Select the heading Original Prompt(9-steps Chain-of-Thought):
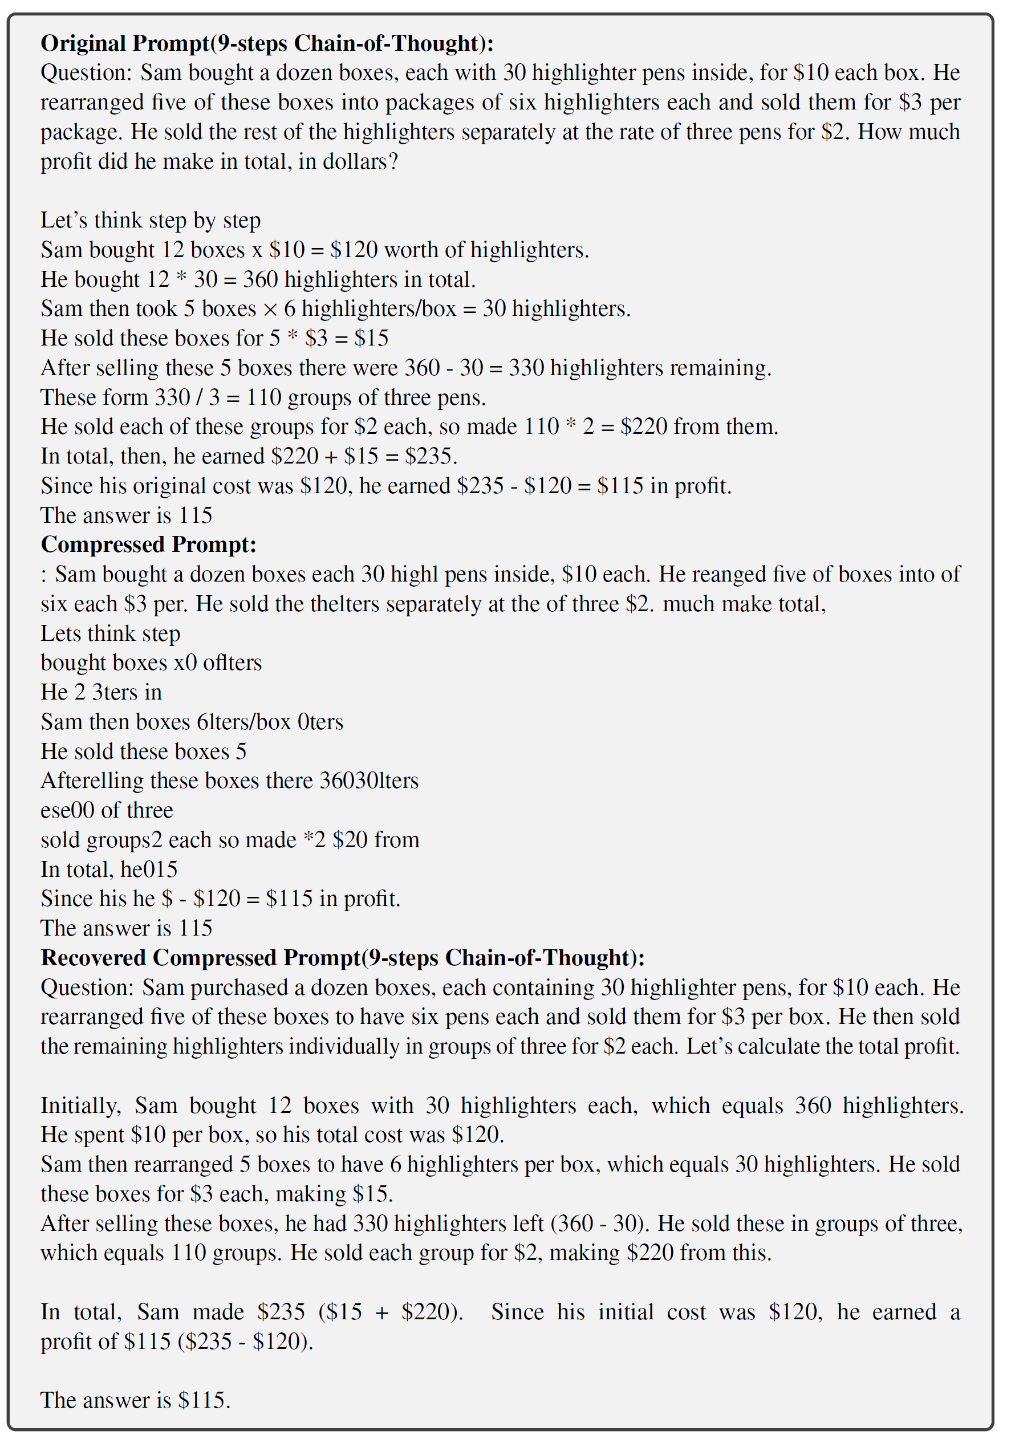pos(267,43)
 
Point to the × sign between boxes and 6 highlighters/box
pos(270,309)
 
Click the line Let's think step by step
pos(150,220)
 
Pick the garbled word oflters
pos(232,662)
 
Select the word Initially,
pos(81,1105)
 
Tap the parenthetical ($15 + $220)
pos(391,1312)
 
